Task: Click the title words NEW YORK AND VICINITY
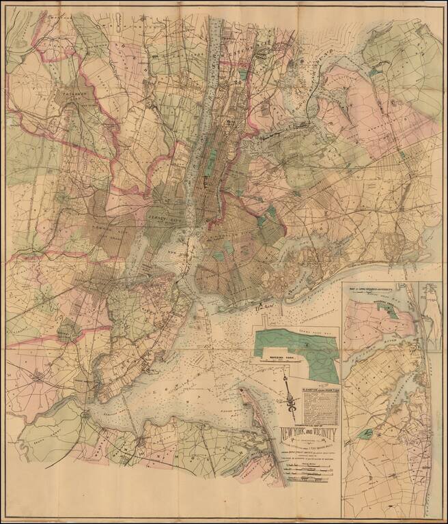click(x=308, y=435)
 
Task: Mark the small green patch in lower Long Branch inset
click(x=369, y=433)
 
